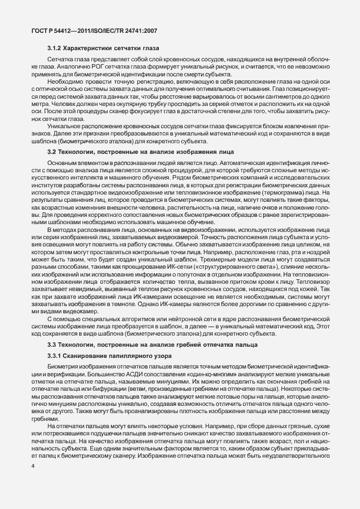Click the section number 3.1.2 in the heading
54,50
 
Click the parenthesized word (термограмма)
295,185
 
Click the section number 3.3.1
56,355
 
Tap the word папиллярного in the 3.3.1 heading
121,355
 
